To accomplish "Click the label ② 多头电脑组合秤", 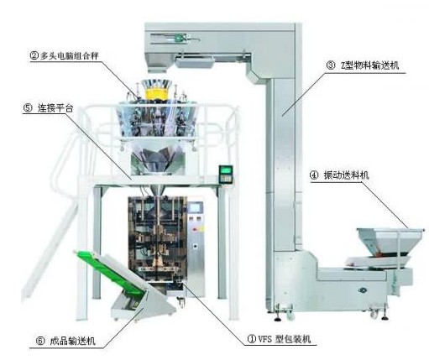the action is point(65,55).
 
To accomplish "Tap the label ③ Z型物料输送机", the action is point(363,65).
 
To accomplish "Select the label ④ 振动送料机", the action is point(339,175).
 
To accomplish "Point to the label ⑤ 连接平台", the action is point(48,107).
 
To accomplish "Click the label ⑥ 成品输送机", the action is point(66,341).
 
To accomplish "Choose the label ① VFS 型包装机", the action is point(279,339).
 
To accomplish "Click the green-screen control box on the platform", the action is point(226,174).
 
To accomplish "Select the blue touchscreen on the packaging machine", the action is point(196,207).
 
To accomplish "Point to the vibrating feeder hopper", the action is point(389,241).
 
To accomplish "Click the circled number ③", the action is point(331,65).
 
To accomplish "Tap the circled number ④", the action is point(314,175).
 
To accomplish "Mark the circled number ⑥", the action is point(40,342).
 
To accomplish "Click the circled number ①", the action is point(252,339).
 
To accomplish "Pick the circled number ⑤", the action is point(28,108).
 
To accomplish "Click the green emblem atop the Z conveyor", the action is point(180,39).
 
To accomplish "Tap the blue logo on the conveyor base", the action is point(363,290).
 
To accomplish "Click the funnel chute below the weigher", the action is point(158,162).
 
